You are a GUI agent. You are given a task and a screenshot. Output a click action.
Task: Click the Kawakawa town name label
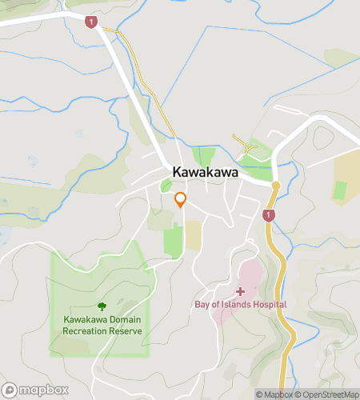click(x=201, y=172)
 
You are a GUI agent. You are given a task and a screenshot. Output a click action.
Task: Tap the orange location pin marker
click(x=181, y=200)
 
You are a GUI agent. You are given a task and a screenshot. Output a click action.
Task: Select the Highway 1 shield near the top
click(x=92, y=22)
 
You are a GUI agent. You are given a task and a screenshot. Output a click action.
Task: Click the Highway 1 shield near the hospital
click(x=269, y=215)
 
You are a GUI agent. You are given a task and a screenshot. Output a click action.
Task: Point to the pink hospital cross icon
click(x=239, y=292)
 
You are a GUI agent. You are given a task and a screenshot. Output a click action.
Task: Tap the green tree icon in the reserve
click(x=102, y=306)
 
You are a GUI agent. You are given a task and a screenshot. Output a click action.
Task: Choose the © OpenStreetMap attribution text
click(x=327, y=394)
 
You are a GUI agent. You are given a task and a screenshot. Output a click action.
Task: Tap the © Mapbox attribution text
click(x=274, y=394)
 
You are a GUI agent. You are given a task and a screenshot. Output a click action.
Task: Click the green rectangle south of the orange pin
click(x=173, y=241)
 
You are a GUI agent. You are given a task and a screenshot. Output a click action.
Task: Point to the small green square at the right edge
click(x=340, y=190)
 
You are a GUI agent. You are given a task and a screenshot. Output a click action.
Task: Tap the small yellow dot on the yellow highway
click(x=275, y=186)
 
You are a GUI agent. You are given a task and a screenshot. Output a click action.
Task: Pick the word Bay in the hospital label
click(x=202, y=304)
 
